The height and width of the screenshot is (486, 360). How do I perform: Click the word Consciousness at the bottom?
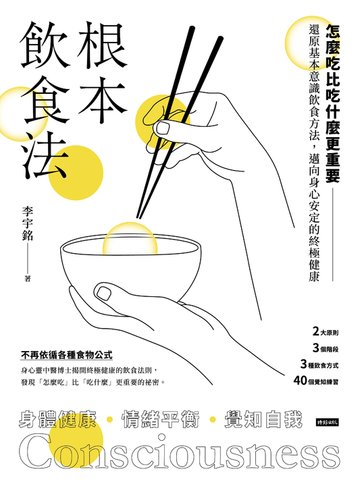180,451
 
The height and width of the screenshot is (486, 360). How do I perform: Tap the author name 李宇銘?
28,225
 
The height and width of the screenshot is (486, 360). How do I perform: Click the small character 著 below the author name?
28,279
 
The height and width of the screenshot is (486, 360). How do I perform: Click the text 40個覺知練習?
316,381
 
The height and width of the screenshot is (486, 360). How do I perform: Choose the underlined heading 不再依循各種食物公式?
66,355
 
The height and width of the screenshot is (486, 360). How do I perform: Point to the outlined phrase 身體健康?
57,419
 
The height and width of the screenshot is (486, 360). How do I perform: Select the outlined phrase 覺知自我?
263,419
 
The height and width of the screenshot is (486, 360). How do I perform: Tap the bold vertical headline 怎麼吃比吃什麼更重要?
332,103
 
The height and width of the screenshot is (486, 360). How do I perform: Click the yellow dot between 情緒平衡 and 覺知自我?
213,420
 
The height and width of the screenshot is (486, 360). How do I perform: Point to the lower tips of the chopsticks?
138,217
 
